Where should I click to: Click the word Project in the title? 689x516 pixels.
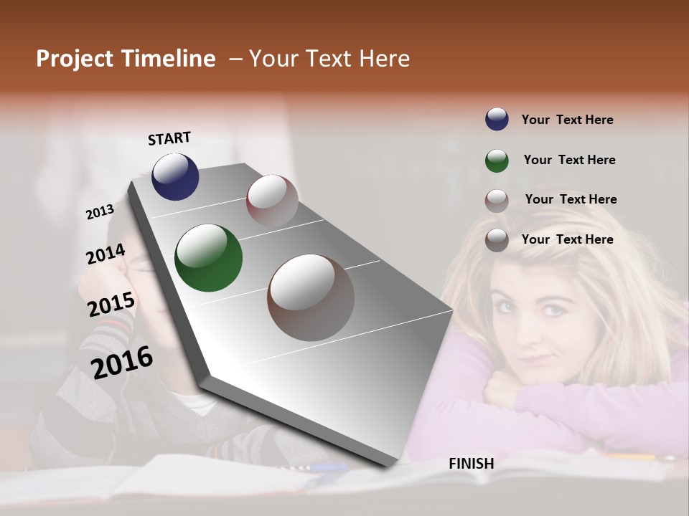pos(75,59)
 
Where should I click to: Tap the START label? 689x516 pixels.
pos(169,138)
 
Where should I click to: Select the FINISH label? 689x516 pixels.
pos(472,464)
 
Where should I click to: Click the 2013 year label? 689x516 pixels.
pos(100,211)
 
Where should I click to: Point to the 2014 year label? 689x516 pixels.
pos(106,254)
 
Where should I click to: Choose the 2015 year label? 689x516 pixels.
pos(111,304)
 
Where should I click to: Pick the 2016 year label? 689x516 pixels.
pos(122,362)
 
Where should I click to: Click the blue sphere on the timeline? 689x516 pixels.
pos(175,176)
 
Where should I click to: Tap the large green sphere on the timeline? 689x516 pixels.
pos(208,258)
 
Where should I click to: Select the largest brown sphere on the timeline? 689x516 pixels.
pos(311,297)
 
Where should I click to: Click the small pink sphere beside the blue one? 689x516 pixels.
pos(272,200)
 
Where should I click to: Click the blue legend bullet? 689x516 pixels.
pos(497,119)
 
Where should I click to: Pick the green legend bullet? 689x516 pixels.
pos(497,161)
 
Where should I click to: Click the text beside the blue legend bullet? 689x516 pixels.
pos(567,120)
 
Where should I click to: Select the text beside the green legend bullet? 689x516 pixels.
pos(569,160)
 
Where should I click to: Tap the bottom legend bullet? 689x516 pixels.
pos(497,240)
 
